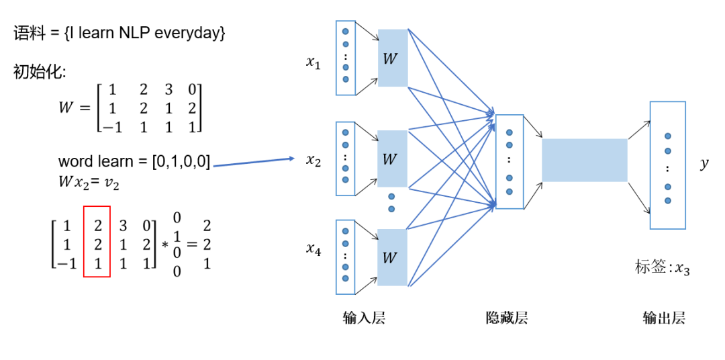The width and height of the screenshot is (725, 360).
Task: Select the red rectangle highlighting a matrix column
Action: coord(97,242)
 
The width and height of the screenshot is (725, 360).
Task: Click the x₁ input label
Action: coord(313,62)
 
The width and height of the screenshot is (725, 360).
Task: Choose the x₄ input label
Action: coord(313,251)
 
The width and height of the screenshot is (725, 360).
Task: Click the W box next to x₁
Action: coord(393,58)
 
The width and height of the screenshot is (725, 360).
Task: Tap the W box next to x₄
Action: coord(393,257)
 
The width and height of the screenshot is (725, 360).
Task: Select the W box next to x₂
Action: coord(393,159)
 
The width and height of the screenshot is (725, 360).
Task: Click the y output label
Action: coord(704,165)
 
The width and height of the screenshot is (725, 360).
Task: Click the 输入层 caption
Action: coord(364,318)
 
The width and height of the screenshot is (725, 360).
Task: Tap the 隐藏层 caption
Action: coord(507,318)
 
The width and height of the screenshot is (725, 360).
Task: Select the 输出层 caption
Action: coord(663,318)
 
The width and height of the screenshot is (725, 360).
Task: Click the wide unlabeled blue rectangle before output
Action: coord(585,160)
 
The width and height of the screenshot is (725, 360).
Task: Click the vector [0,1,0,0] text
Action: coord(181,162)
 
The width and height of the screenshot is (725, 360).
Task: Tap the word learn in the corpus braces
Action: coord(95,34)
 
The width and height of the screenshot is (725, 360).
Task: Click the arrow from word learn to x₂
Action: coord(254,163)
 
